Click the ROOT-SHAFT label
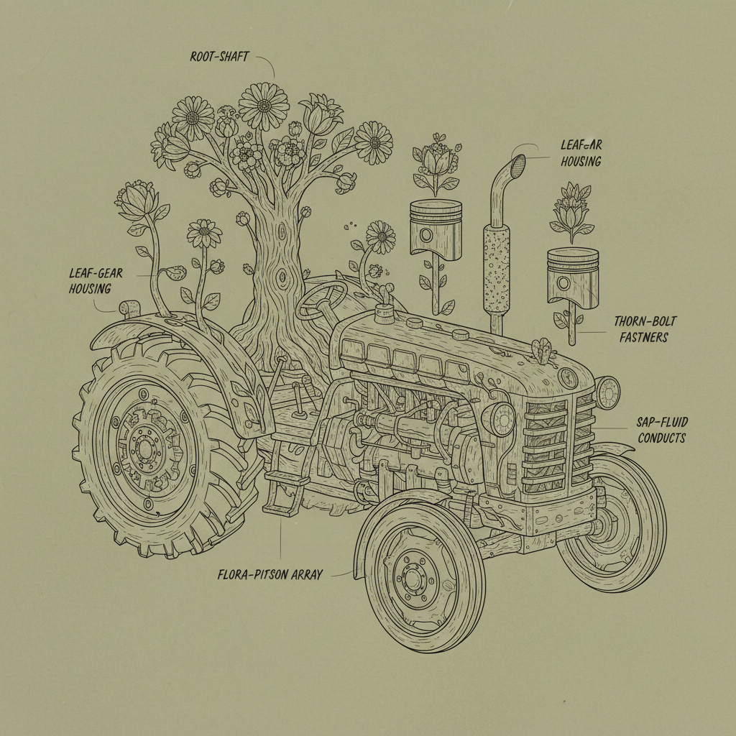pyautogui.click(x=219, y=57)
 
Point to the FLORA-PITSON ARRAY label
pyautogui.click(x=270, y=574)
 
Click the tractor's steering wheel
pyautogui.click(x=322, y=298)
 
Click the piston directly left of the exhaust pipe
pyautogui.click(x=435, y=229)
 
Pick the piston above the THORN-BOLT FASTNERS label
pyautogui.click(x=572, y=276)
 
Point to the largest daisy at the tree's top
pyautogui.click(x=263, y=106)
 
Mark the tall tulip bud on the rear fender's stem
pyautogui.click(x=137, y=201)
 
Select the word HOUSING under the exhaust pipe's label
pyautogui.click(x=581, y=162)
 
